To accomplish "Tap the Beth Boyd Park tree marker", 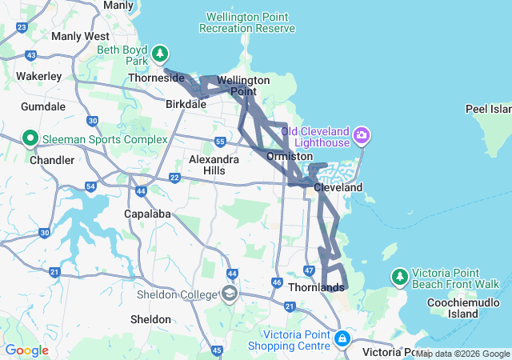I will (x=161, y=54).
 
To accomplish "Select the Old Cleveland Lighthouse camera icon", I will (x=362, y=134).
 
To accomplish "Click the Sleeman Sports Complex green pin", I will (x=30, y=138).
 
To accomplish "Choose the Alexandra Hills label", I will (x=214, y=165).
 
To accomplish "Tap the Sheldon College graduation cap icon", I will (x=230, y=294).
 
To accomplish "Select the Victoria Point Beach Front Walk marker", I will (x=399, y=277).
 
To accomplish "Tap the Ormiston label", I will (x=290, y=156).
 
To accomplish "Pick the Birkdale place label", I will (x=186, y=104).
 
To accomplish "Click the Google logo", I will (x=26, y=350).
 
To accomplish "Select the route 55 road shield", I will (x=220, y=142).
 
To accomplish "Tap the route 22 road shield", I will (x=174, y=178).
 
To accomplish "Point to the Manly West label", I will (x=80, y=36).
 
